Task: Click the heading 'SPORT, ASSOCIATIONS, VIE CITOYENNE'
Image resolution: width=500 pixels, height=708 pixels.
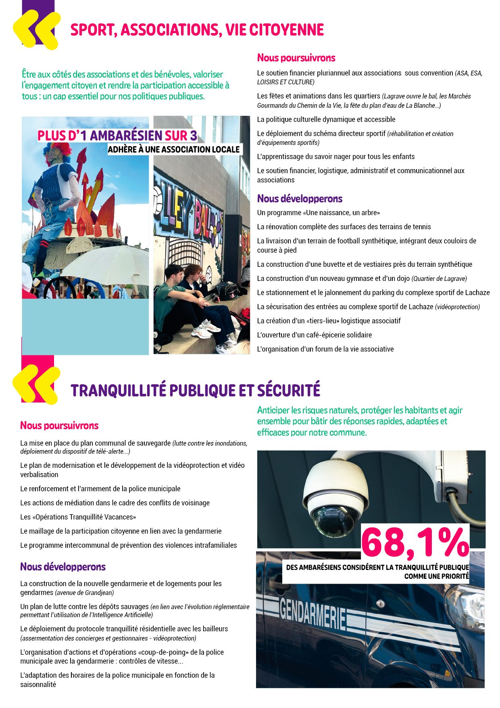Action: [x=197, y=30]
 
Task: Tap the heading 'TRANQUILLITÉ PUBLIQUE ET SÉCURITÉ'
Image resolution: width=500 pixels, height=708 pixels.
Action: [x=196, y=390]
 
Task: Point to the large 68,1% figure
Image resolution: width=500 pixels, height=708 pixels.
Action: [x=415, y=542]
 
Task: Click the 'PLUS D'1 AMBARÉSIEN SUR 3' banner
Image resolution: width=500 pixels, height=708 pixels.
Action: [x=117, y=136]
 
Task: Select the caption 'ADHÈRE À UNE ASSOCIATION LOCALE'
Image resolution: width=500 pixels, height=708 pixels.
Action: [x=174, y=149]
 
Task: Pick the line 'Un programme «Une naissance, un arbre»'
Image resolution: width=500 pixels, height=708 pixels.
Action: [x=319, y=213]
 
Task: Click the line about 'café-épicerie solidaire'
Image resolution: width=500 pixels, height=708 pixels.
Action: [x=315, y=335]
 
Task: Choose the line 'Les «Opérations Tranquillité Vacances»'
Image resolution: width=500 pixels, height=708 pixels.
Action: [x=78, y=517]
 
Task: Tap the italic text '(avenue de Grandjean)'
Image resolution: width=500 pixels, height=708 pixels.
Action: [x=84, y=593]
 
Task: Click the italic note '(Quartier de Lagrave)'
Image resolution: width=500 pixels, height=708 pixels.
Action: [x=439, y=279]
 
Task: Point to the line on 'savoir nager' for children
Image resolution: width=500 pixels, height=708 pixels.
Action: [x=336, y=157]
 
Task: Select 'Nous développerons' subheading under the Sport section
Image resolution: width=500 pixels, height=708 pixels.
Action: [x=300, y=199]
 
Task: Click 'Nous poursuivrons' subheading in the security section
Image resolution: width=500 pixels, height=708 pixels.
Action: [x=59, y=425]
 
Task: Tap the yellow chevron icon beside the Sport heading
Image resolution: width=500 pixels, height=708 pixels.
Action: [x=36, y=30]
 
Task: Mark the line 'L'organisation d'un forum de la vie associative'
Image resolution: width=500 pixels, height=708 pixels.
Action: [x=325, y=349]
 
